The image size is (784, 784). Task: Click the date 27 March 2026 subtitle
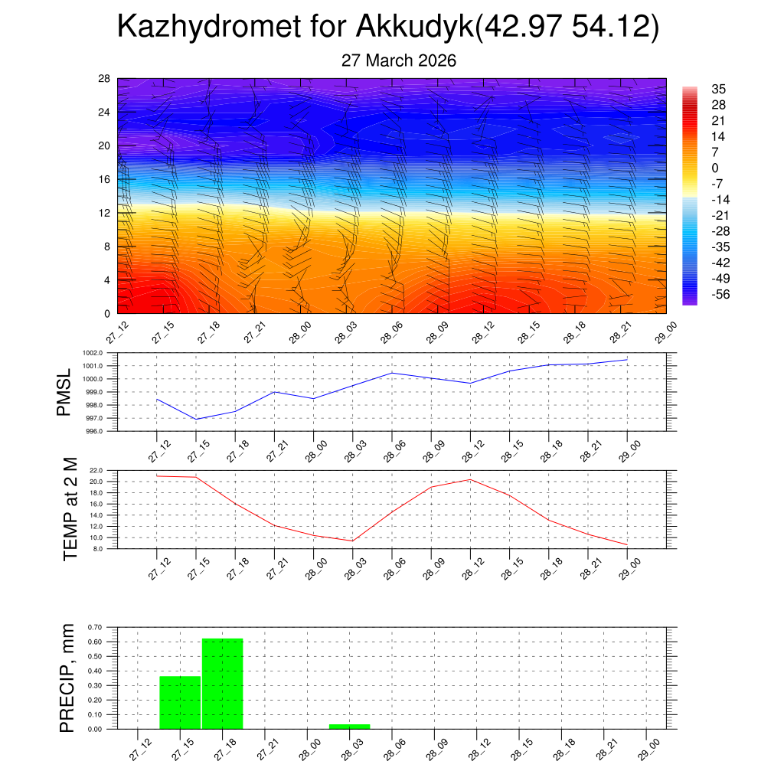(398, 60)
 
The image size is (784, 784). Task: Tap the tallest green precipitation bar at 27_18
(222, 683)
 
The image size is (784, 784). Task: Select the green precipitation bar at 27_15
(180, 702)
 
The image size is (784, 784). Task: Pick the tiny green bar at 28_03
(349, 726)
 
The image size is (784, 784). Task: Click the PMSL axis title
(64, 392)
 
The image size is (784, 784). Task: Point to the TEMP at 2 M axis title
(70, 508)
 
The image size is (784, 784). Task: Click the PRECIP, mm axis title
(68, 678)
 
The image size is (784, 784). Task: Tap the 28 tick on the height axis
(105, 78)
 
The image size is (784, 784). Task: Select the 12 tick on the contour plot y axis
(105, 213)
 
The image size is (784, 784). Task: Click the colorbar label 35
(717, 89)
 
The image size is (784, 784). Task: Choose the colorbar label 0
(714, 168)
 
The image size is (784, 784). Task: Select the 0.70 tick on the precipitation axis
(94, 627)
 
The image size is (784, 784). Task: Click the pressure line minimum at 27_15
(196, 419)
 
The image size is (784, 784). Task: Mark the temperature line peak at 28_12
(470, 479)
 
